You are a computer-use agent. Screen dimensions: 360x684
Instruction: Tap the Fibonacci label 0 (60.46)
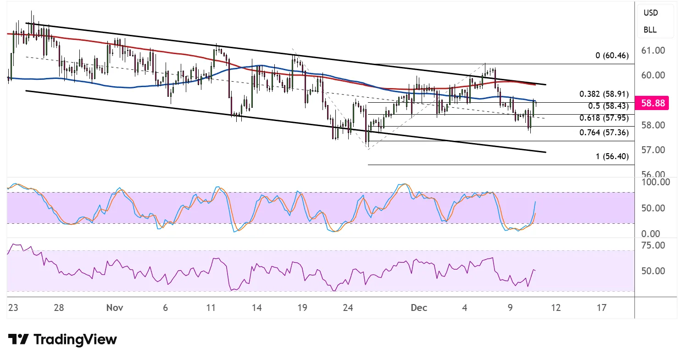click(612, 56)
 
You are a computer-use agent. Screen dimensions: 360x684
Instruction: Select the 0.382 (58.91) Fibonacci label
click(604, 94)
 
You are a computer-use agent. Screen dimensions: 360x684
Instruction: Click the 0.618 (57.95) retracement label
click(604, 118)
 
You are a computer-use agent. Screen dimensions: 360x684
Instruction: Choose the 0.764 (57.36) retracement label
click(604, 133)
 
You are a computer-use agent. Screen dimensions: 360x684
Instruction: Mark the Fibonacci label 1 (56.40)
click(612, 156)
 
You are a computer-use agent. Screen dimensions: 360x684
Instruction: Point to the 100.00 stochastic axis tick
click(655, 182)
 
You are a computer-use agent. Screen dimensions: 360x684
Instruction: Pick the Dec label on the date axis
click(419, 307)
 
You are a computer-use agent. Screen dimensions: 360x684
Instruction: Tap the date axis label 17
click(601, 307)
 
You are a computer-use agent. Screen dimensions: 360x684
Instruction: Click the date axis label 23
click(13, 307)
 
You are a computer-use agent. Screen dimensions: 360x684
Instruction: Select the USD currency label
click(651, 13)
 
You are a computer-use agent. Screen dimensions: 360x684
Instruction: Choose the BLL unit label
click(650, 30)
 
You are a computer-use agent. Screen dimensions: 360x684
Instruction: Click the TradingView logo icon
click(18, 340)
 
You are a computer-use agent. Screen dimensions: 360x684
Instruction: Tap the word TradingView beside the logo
click(75, 340)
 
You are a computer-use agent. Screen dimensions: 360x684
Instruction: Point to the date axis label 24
click(348, 307)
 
